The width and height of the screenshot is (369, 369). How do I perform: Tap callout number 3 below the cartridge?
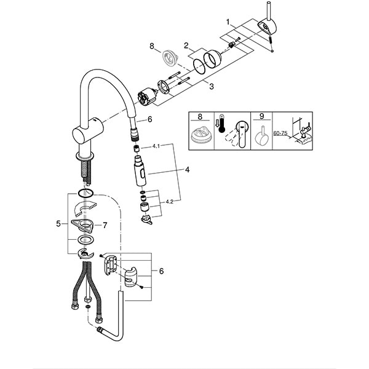click(211, 87)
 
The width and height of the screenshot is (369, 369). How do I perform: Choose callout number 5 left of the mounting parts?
click(59, 224)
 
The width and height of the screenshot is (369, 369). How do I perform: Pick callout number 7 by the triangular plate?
click(105, 225)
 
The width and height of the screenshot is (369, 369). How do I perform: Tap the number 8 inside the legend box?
click(199, 116)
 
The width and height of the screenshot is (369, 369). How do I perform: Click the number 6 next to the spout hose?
click(149, 121)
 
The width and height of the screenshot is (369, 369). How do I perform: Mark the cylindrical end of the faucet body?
click(78, 133)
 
